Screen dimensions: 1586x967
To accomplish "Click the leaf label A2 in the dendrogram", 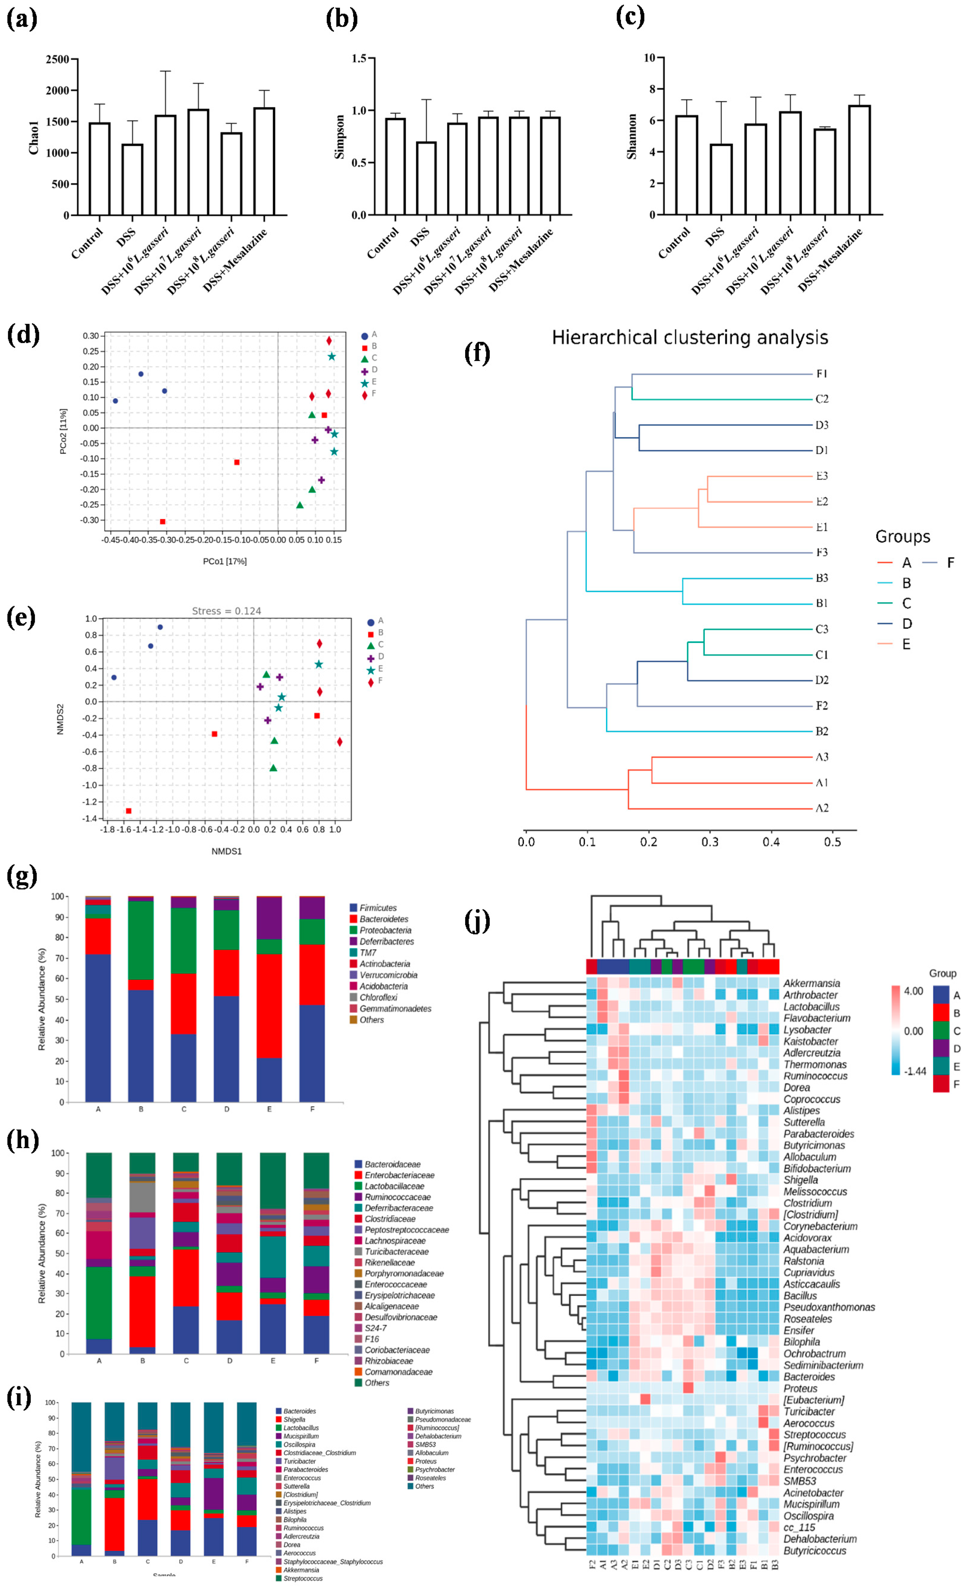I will point(821,808).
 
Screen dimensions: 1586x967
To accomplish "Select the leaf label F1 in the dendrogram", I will point(821,374).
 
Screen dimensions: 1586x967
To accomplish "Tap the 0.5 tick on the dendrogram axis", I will point(832,842).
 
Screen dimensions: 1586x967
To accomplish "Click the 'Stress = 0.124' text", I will point(226,611).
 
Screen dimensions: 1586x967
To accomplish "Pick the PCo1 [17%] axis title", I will point(225,561).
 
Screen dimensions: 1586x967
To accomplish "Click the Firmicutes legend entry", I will point(378,908).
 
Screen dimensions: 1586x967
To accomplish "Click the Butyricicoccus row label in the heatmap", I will point(815,1551).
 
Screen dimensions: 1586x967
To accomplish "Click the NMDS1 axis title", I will point(226,851).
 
